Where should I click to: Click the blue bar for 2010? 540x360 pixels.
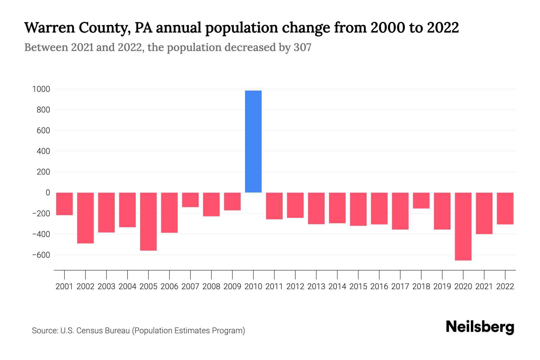[x=253, y=141]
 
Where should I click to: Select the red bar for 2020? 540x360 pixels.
[x=463, y=226]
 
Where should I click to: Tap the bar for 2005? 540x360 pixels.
[x=148, y=221]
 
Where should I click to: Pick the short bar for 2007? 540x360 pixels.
[x=190, y=200]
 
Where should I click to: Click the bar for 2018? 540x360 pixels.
[x=421, y=200]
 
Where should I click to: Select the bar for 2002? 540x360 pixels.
[x=85, y=218]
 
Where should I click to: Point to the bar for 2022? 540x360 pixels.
[x=505, y=208]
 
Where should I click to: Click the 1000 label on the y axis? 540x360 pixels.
[x=41, y=89]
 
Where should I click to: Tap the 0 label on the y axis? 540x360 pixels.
[x=48, y=193]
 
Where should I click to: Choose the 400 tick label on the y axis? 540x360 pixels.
[x=43, y=151]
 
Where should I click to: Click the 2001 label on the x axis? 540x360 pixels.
[x=64, y=286]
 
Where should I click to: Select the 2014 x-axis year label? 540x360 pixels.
[x=337, y=286]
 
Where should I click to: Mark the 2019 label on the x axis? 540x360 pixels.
[x=442, y=286]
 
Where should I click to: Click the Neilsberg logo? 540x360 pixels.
[x=480, y=327]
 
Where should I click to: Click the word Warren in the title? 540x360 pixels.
[x=49, y=28]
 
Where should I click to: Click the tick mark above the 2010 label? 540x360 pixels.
[x=253, y=274]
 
